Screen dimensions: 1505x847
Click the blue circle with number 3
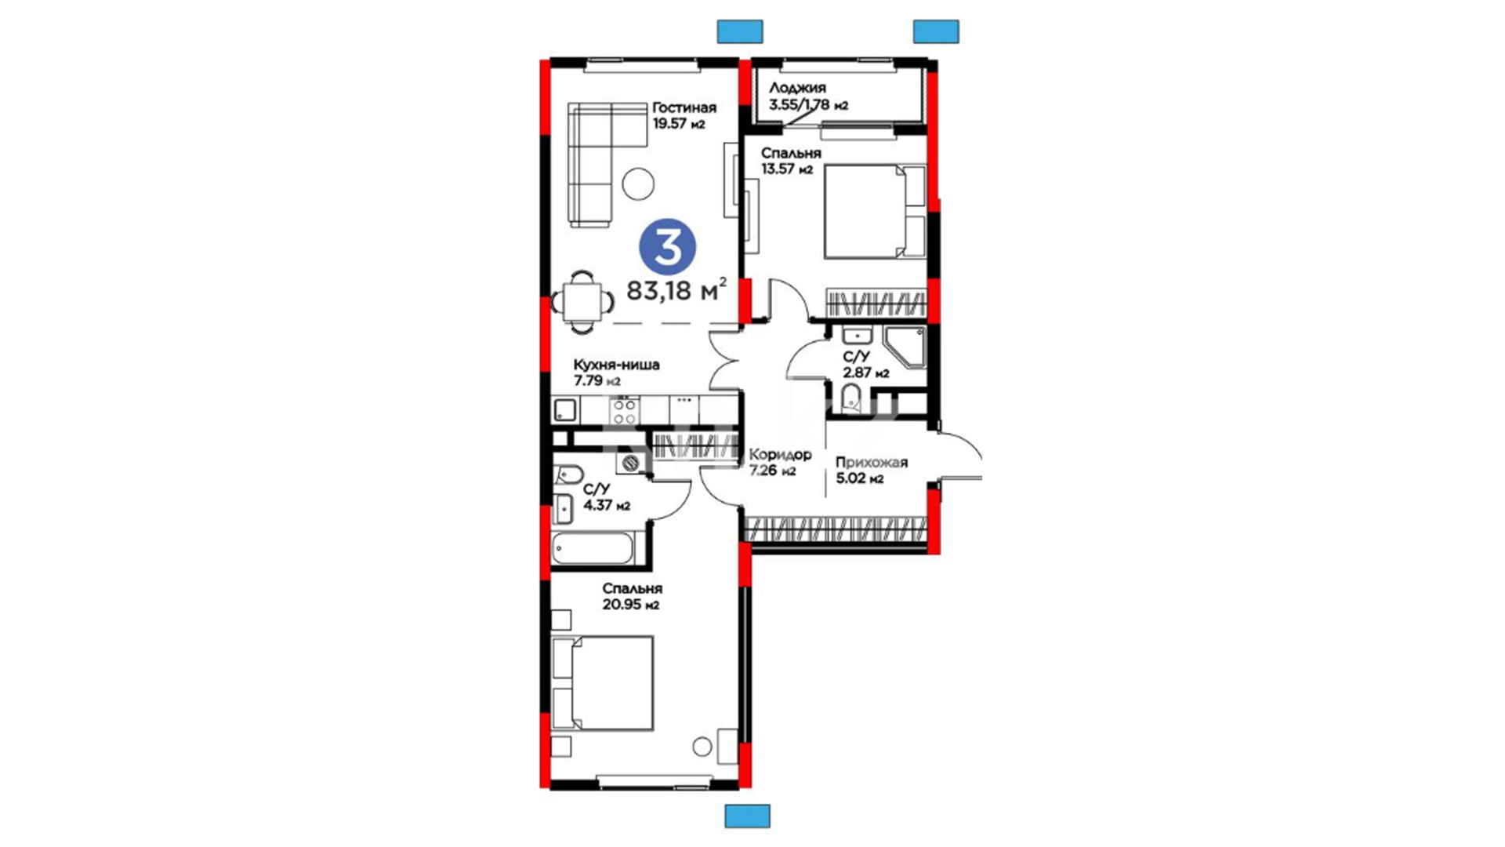tap(667, 247)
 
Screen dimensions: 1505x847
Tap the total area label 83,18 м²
tap(676, 289)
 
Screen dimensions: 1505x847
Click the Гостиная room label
tap(684, 107)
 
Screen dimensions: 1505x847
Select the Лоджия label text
tap(797, 88)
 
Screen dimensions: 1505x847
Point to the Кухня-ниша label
tap(616, 365)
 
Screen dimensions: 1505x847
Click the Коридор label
tap(780, 455)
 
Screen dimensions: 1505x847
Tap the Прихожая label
tap(872, 463)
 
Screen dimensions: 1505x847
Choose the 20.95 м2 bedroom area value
tap(631, 605)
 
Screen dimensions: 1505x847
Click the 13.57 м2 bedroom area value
tap(787, 169)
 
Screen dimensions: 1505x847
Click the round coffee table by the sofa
tap(638, 184)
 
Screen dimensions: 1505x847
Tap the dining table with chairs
tap(582, 300)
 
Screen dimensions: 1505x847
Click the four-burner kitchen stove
tap(625, 410)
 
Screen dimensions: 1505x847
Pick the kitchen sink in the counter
tap(565, 410)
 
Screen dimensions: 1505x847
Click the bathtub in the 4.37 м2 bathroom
tap(592, 548)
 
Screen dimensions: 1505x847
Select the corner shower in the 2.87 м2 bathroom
tap(905, 348)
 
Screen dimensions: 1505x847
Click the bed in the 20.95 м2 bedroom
tap(603, 683)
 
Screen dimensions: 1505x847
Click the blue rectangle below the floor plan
tap(747, 816)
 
